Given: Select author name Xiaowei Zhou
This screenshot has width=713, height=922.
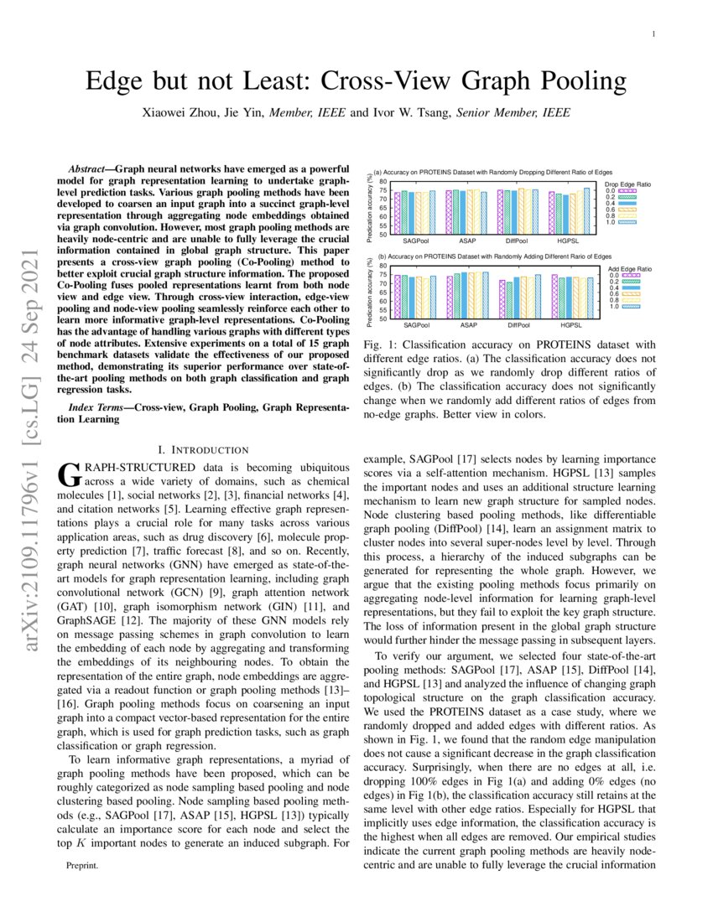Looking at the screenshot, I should click(179, 112).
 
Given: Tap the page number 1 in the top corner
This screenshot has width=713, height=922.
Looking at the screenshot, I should click(652, 34).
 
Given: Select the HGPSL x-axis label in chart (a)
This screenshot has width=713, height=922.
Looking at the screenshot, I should click(571, 240).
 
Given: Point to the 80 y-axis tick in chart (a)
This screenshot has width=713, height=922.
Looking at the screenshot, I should click(383, 182).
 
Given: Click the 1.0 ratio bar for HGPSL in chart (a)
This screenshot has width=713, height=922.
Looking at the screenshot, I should click(587, 210).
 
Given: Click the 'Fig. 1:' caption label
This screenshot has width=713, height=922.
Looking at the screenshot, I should click(376, 345).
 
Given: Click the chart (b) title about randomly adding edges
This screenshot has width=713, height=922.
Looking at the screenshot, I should click(494, 256).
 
